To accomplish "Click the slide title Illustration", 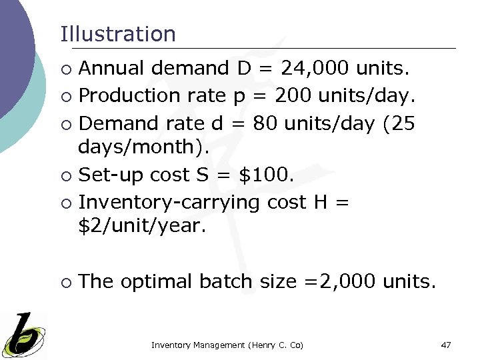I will tap(118, 34).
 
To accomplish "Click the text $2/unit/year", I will tap(141, 226).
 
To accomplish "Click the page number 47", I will tap(446, 345).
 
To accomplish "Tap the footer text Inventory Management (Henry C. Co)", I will tap(227, 345).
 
